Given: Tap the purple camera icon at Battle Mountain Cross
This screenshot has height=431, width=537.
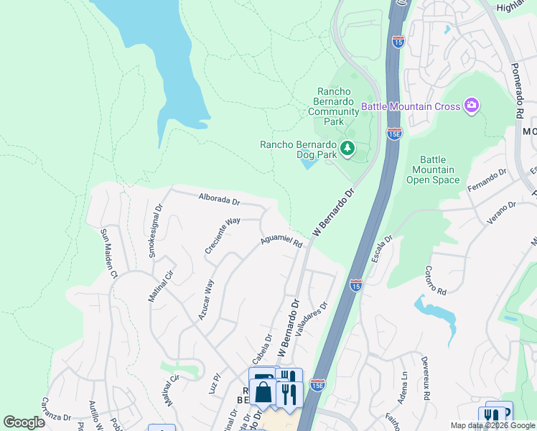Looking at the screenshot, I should pyautogui.click(x=472, y=106).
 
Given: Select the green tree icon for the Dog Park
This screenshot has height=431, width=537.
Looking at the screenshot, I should pyautogui.click(x=348, y=148).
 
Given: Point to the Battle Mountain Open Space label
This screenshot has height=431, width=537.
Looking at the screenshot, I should pyautogui.click(x=433, y=170).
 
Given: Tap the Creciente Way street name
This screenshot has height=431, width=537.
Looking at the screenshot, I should pyautogui.click(x=222, y=236).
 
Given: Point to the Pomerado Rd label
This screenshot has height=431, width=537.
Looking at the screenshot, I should pyautogui.click(x=519, y=90).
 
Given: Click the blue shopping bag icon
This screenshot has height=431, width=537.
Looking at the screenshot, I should pyautogui.click(x=263, y=392).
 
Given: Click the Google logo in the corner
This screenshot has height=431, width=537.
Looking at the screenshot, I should pyautogui.click(x=24, y=422).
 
